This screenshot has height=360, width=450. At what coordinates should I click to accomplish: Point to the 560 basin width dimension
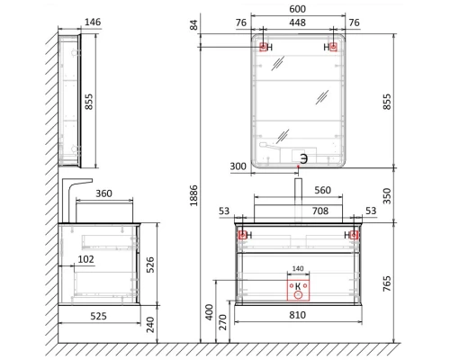tap(323, 191)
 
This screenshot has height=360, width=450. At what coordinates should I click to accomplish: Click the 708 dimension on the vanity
tap(298, 211)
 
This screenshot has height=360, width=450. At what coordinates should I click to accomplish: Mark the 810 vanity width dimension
tap(298, 316)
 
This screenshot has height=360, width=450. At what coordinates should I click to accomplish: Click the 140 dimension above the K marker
tap(298, 269)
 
